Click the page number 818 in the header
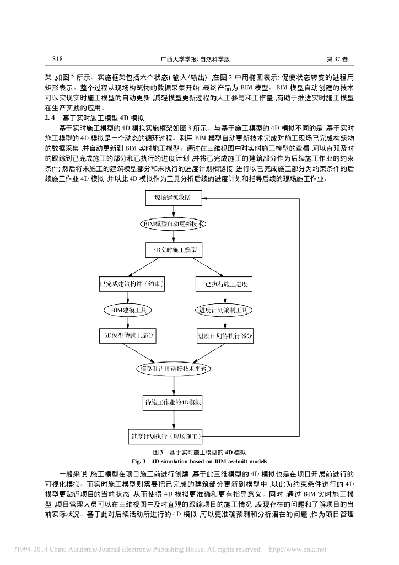pyautogui.click(x=57, y=58)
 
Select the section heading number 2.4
pyautogui.click(x=49, y=118)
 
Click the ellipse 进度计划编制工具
pyautogui.click(x=224, y=310)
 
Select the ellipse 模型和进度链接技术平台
pyautogui.click(x=172, y=367)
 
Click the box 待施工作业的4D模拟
pyautogui.click(x=173, y=403)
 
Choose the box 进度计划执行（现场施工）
pyautogui.click(x=166, y=436)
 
